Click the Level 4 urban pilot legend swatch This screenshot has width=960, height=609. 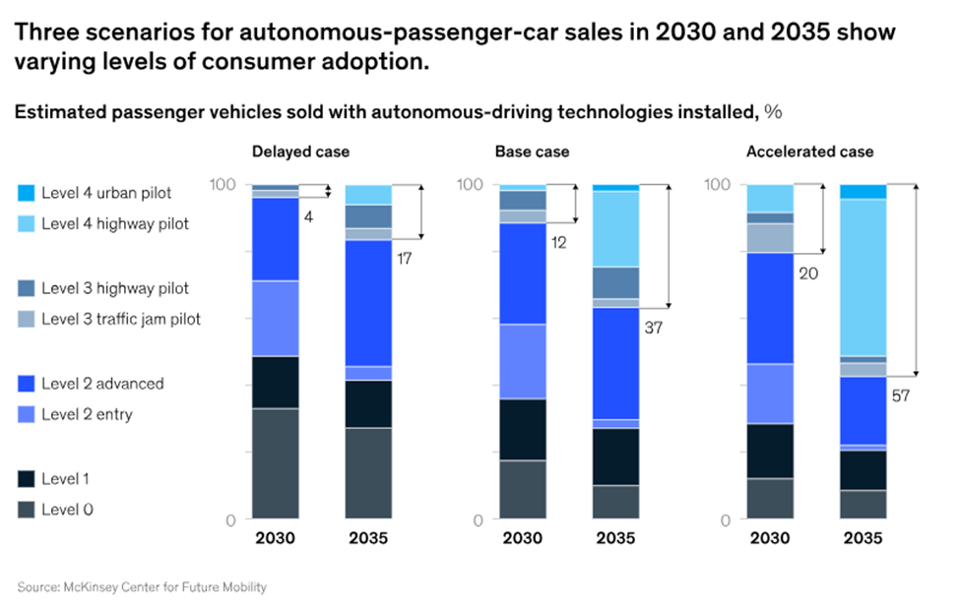coord(27,193)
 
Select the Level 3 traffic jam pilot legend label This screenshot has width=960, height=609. coord(121,319)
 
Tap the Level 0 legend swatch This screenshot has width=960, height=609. coord(27,510)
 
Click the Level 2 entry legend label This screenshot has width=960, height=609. coord(87,414)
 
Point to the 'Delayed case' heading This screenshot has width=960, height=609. coord(300,152)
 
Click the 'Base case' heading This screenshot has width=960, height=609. coord(532,152)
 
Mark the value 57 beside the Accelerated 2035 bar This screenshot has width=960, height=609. coord(901,396)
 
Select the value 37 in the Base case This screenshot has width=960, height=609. coord(653,328)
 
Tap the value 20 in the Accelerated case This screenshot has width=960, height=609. coord(808,274)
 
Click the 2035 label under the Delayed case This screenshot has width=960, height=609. coord(369,539)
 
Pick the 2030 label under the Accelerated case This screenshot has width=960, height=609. coord(770,539)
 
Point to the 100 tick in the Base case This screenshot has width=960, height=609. coord(471,185)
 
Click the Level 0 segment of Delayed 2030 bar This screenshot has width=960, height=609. coord(276,462)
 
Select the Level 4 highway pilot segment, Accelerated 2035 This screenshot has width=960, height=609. coord(864,276)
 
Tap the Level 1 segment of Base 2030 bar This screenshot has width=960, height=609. coord(523,429)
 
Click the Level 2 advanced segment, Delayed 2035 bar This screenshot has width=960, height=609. coord(369,303)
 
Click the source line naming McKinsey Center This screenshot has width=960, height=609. coord(142,587)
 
